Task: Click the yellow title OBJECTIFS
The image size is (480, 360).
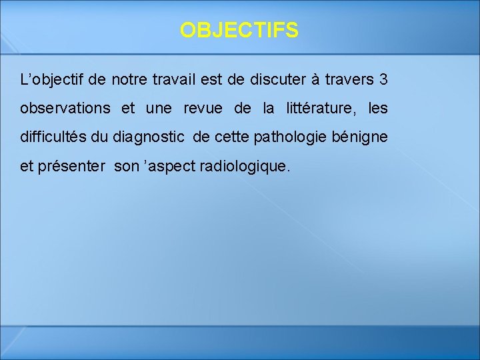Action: click(x=239, y=30)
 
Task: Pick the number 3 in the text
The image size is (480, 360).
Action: click(x=383, y=81)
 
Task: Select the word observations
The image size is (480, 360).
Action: click(x=65, y=108)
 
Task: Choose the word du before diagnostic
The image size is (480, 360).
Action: click(x=101, y=137)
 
